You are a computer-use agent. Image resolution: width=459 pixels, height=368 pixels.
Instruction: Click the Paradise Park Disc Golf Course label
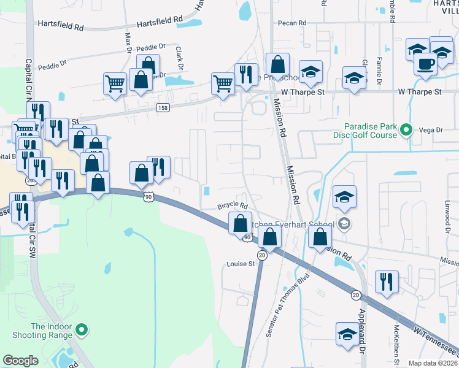pos(366,130)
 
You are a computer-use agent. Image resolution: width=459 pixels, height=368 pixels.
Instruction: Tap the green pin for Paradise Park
pos(405,130)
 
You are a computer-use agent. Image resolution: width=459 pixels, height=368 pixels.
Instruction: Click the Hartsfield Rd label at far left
pos(60,27)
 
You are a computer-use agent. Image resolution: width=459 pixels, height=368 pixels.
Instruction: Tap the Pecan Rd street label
pos(291,23)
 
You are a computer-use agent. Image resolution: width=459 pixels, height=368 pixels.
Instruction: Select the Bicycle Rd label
pos(233,206)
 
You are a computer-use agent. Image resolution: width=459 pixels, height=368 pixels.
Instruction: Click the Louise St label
pos(241,264)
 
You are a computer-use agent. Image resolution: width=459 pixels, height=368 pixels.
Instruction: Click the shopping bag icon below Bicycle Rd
pos(239,223)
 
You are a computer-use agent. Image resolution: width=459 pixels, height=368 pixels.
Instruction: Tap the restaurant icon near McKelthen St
pos(387,281)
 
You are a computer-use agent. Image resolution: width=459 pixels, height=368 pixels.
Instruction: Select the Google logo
pos(21,361)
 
